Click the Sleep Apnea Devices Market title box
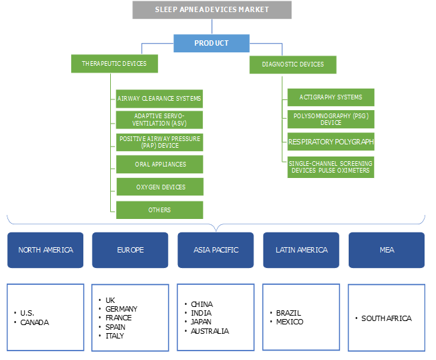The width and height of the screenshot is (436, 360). [212, 10]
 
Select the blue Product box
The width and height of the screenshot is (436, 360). [212, 43]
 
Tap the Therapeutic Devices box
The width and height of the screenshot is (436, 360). [114, 64]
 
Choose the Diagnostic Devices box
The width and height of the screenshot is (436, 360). [292, 64]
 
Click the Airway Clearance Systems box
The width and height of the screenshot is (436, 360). [159, 98]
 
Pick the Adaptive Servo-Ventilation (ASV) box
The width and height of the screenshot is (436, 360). [159, 120]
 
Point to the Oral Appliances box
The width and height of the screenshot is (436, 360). [159, 164]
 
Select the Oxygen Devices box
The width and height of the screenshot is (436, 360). [159, 187]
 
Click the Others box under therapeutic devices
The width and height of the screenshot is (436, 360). [159, 210]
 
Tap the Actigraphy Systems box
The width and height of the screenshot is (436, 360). [331, 97]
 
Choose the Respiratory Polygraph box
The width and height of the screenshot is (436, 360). [331, 142]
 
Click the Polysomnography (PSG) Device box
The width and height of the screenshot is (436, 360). [331, 120]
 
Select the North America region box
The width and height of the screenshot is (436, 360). [46, 250]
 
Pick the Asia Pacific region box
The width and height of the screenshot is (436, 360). [215, 250]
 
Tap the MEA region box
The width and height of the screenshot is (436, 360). [386, 250]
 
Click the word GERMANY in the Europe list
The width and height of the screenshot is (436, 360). [121, 309]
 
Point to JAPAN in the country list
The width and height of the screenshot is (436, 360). [202, 322]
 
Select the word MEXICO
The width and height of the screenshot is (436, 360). [290, 322]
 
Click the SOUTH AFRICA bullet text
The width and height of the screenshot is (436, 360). [386, 318]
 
